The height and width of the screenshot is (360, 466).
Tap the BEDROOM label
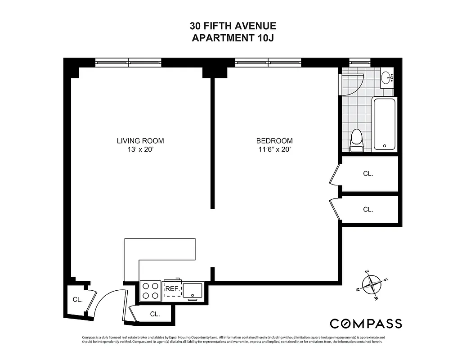pos(274,141)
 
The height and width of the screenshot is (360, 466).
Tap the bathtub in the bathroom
pos(384,124)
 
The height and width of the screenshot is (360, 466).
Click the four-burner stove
pos(150,290)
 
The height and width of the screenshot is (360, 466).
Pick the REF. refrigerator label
pos(172,289)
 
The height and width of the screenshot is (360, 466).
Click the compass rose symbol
pos(371,284)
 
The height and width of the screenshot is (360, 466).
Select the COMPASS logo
pos(366,324)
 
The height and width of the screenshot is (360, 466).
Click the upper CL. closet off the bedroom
pos(368,173)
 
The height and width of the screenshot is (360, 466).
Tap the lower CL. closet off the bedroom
pos(368,209)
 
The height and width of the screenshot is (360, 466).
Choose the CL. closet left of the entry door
pos(77,300)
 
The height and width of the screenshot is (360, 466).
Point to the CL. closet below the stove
pos(155,314)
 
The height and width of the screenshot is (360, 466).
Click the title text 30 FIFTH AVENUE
pos(233,27)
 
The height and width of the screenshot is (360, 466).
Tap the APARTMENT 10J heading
pos(233,38)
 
